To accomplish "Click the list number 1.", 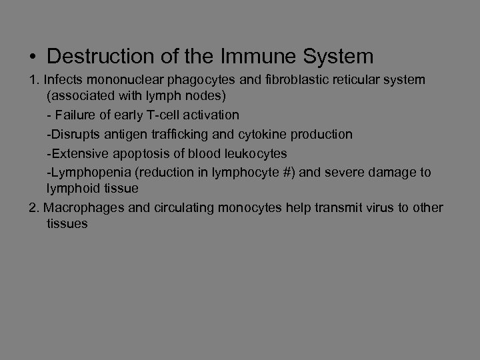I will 33,80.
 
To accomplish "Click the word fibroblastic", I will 287,80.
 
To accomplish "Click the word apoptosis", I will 133,153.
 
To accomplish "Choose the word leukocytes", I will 255,153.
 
